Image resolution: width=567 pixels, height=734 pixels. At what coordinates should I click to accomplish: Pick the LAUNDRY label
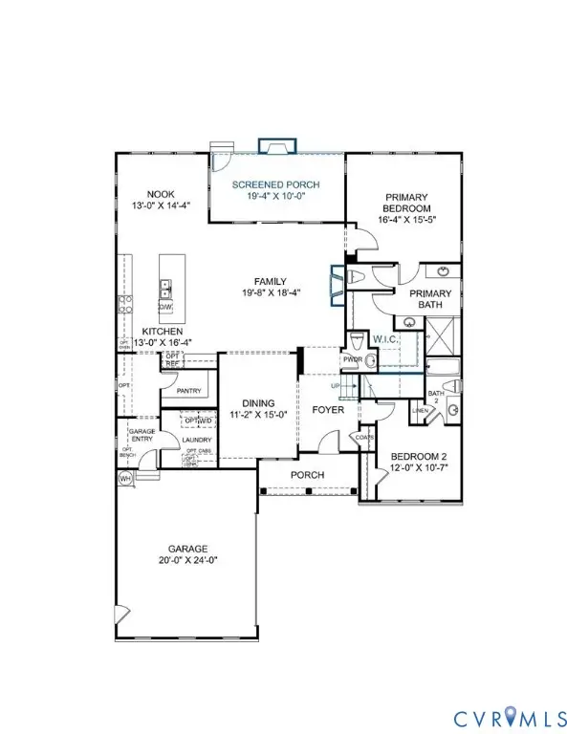click(198, 440)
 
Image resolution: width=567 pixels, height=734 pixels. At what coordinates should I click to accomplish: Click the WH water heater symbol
click(124, 478)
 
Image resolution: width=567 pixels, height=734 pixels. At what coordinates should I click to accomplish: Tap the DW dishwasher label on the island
click(164, 307)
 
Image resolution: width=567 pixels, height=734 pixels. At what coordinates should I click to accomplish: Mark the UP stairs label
click(334, 385)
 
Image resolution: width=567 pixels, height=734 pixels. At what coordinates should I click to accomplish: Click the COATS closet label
click(364, 438)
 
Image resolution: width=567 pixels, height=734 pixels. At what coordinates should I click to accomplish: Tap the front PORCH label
click(307, 475)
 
